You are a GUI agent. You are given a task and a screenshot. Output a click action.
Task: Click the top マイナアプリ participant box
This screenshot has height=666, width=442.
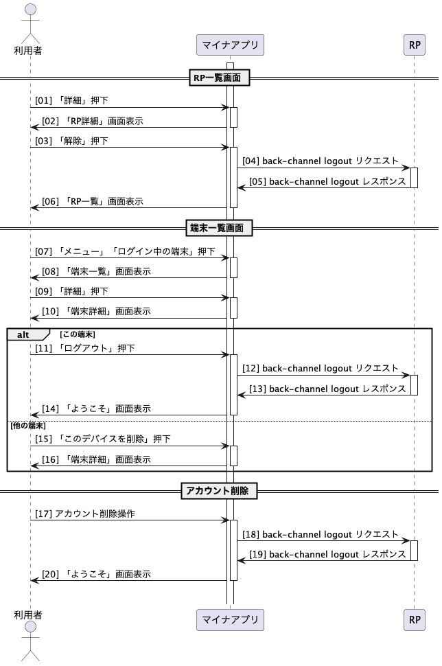(230, 45)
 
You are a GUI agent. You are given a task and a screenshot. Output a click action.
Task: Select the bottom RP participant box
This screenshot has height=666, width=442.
(415, 620)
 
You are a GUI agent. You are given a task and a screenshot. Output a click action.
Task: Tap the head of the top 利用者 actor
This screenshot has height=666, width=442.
(31, 10)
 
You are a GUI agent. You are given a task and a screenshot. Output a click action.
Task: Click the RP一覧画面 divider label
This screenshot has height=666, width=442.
(219, 78)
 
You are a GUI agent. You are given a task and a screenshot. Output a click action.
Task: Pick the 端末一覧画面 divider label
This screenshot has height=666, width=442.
(219, 228)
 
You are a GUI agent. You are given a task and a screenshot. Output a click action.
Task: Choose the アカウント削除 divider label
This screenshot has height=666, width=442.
(219, 491)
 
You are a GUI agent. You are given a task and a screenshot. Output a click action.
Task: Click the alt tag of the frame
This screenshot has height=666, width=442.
(23, 334)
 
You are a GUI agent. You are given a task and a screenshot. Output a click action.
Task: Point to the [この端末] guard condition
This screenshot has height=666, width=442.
(78, 334)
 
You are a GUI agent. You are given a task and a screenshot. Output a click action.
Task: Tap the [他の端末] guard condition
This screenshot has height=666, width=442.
(27, 426)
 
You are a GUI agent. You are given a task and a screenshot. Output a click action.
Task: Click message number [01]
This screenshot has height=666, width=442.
(43, 100)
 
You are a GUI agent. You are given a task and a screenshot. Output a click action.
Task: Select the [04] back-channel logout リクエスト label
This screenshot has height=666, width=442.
(321, 161)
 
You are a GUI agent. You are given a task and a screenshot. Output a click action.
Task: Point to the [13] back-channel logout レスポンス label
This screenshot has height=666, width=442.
(327, 389)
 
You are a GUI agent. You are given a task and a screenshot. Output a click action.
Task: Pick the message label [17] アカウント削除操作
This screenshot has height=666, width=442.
(85, 514)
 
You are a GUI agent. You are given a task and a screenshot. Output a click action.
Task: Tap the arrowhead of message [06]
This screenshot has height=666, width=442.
(34, 208)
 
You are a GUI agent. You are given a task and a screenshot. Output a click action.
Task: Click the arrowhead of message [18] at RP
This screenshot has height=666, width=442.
(406, 541)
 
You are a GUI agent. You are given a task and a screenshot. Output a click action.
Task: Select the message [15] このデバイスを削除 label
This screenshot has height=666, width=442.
(103, 439)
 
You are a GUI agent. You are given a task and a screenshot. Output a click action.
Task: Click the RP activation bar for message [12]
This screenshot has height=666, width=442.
(415, 384)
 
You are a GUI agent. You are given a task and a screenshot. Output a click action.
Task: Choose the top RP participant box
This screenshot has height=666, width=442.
(415, 45)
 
